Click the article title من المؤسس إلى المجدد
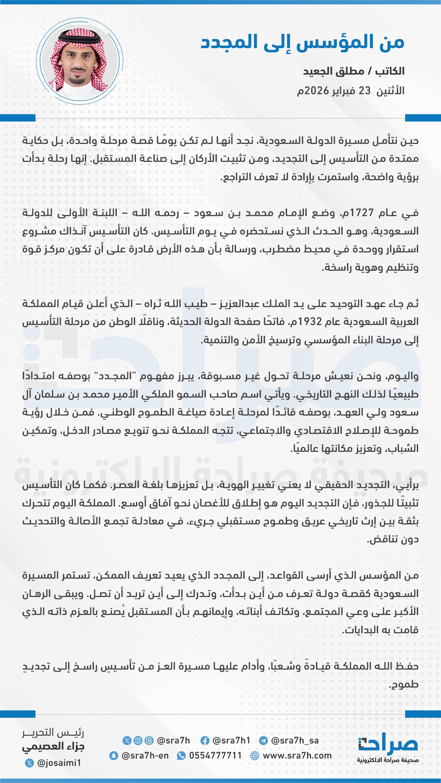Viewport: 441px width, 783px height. click(x=302, y=42)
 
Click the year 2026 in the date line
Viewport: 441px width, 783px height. click(x=317, y=91)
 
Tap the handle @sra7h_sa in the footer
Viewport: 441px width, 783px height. click(x=295, y=740)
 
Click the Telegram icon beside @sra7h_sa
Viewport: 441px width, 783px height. click(x=263, y=741)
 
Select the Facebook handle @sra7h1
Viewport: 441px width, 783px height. click(x=232, y=740)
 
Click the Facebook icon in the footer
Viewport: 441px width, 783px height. click(x=205, y=741)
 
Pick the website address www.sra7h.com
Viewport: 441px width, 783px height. click(x=297, y=756)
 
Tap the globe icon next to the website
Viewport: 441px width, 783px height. click(x=255, y=756)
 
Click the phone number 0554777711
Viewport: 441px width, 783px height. click(x=215, y=756)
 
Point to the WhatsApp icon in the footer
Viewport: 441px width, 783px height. click(x=181, y=756)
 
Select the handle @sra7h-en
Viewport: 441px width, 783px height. click(x=145, y=756)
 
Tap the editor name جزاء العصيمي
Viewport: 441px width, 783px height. click(x=53, y=747)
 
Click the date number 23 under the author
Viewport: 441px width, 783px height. click(x=364, y=91)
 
